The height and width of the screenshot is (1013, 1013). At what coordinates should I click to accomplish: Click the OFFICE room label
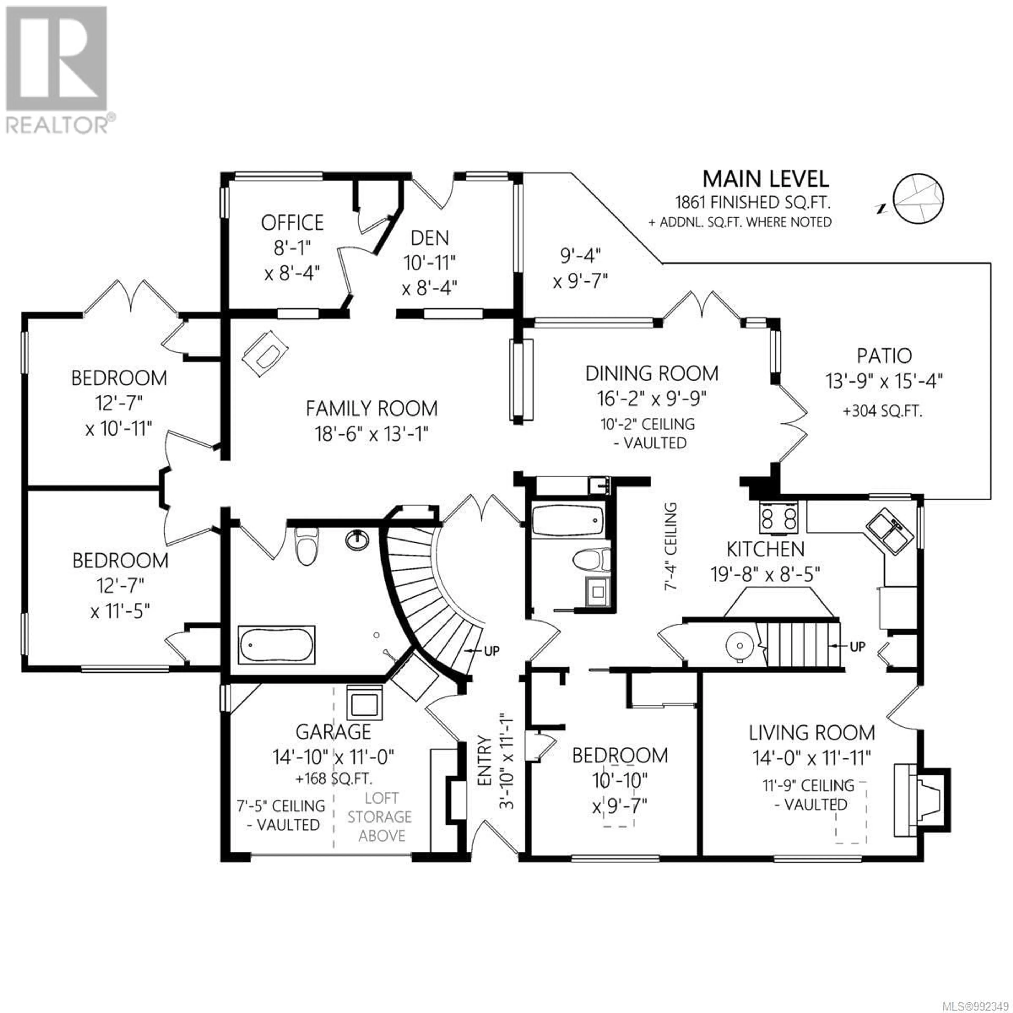(x=292, y=223)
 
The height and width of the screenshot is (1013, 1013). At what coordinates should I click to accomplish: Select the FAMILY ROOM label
(x=372, y=408)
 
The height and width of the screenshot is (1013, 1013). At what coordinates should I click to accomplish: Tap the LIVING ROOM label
(x=812, y=733)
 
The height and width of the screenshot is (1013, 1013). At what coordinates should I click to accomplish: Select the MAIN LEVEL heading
(x=766, y=179)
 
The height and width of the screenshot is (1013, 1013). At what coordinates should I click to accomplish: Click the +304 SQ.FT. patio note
(x=882, y=411)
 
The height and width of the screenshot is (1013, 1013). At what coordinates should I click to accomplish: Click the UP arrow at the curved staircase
(x=484, y=651)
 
